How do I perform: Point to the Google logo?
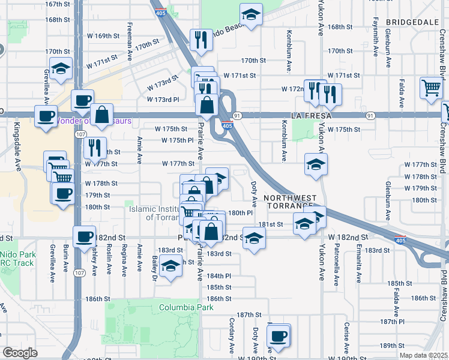[x=20, y=353]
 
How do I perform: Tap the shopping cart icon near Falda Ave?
[x=432, y=88]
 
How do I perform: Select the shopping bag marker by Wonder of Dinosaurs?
[x=102, y=113]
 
